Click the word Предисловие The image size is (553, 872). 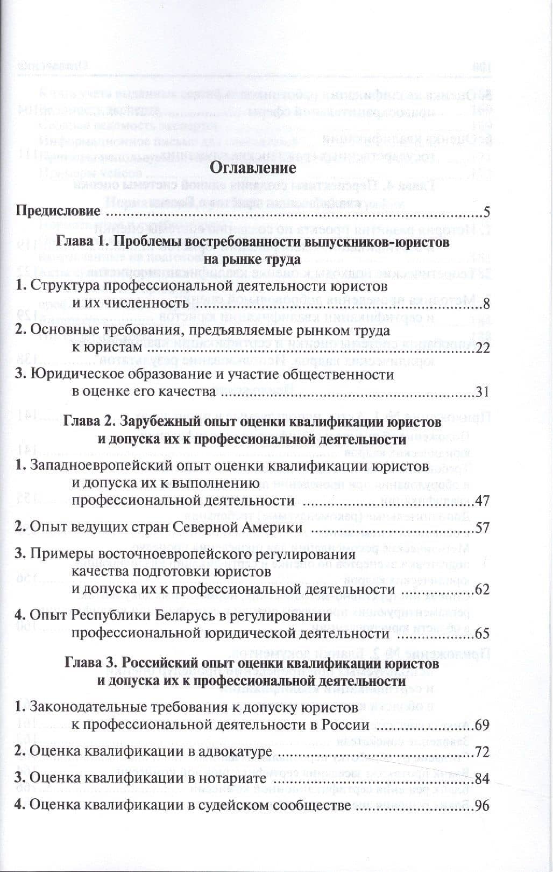[x=58, y=210]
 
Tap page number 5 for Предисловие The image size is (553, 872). [x=486, y=210]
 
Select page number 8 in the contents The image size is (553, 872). [x=486, y=304]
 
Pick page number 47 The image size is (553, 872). [x=482, y=501]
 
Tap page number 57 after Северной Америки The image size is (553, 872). [x=482, y=527]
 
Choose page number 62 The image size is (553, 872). [x=482, y=589]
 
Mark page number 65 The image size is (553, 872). [x=482, y=634]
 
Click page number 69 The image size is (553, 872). [x=482, y=725]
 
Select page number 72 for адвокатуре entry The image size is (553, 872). [x=482, y=751]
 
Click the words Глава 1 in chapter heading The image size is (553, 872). [x=80, y=242]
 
